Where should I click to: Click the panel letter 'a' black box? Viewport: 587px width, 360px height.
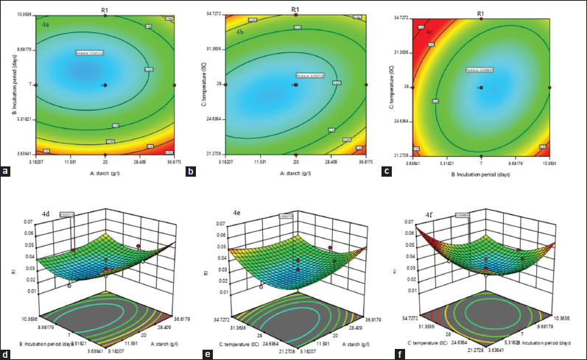pos(7,174)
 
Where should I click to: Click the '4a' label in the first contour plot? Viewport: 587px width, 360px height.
pos(45,25)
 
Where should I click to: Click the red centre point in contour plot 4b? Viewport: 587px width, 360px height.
pos(295,85)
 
